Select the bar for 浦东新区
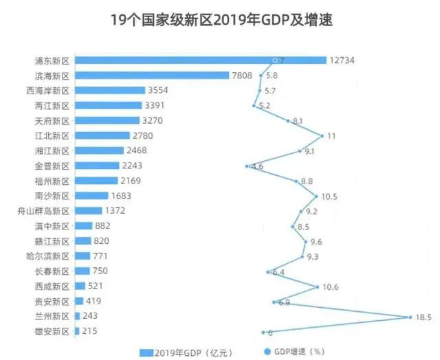pyautogui.click(x=200, y=60)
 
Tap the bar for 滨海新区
pyautogui.click(x=151, y=76)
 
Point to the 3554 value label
pyautogui.click(x=159, y=91)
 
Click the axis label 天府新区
pyautogui.click(x=52, y=121)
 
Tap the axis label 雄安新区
pyautogui.click(x=52, y=332)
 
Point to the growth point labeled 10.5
pyautogui.click(x=318, y=196)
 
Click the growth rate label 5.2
pyautogui.click(x=264, y=106)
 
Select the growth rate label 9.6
pyautogui.click(x=316, y=241)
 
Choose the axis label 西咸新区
pyautogui.click(x=52, y=286)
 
